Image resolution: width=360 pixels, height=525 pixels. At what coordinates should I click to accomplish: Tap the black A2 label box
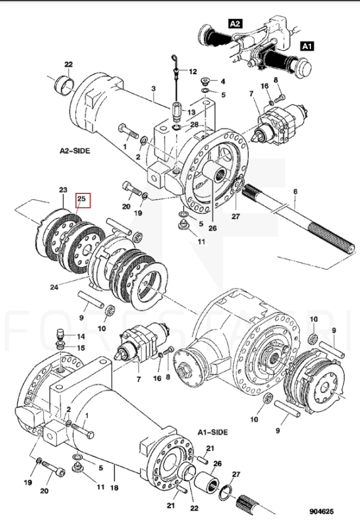tap(235, 23)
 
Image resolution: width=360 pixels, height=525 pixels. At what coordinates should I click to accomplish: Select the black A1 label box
tap(307, 46)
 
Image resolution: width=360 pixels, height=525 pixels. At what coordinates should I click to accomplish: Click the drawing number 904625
tap(322, 511)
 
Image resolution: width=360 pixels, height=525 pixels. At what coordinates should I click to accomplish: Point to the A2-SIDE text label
tap(75, 151)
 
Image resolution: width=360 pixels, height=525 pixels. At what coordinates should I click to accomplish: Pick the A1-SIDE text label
tap(212, 432)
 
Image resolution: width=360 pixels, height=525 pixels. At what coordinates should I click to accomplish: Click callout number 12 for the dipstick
tap(193, 72)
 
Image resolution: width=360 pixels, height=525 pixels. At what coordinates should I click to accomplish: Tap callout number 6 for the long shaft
tap(295, 192)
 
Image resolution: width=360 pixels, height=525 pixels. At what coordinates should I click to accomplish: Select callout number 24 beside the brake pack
tap(54, 287)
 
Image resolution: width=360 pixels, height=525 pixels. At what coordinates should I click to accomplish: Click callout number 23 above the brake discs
tap(63, 190)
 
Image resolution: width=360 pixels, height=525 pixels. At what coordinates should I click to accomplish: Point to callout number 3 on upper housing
tap(153, 89)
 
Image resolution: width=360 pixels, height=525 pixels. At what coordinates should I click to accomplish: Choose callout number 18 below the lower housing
tap(114, 487)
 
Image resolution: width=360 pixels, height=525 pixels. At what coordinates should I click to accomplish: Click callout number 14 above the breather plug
tap(80, 336)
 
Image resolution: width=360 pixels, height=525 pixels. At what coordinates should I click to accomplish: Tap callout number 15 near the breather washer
tap(80, 348)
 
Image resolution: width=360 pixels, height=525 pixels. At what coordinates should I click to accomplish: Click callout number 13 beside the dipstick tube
tap(191, 112)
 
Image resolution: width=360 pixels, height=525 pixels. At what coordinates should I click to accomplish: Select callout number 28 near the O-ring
tap(194, 125)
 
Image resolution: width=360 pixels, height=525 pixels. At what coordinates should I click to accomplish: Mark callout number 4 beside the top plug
tap(222, 82)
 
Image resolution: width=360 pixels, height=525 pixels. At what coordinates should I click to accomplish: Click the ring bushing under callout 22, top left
tap(64, 85)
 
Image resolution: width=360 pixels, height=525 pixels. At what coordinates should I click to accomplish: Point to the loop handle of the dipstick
tap(175, 60)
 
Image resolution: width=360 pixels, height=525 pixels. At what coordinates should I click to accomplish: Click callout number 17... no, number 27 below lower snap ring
tap(236, 474)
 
